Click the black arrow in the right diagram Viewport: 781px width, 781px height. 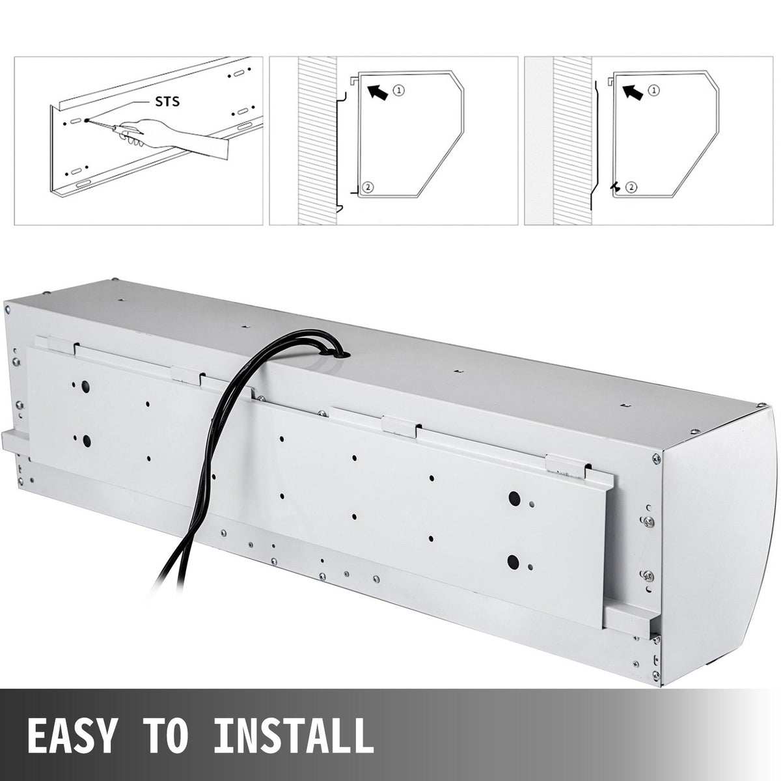coord(632,91)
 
